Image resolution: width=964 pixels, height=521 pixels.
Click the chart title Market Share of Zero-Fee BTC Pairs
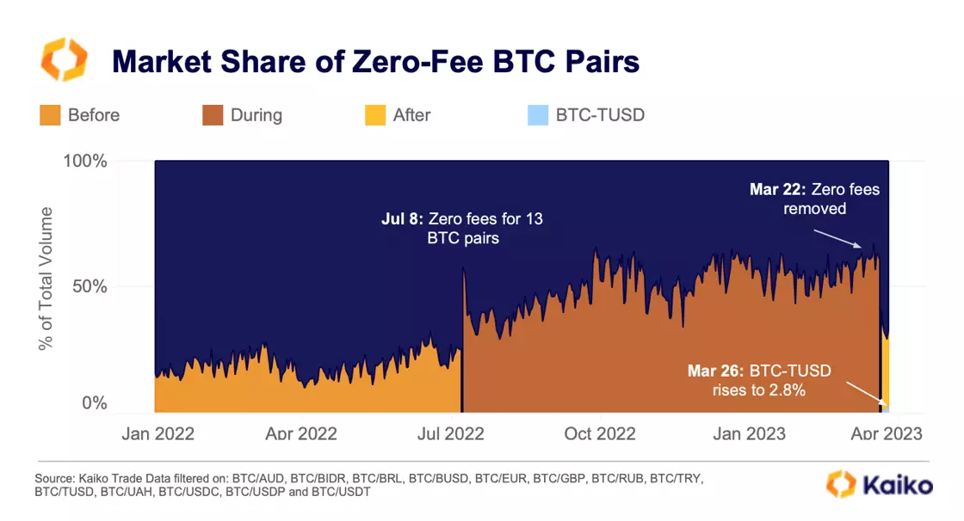coord(376,62)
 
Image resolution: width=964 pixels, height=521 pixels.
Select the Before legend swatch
coord(50,115)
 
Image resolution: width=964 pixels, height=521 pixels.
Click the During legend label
coord(256,115)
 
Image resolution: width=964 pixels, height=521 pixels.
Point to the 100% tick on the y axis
coord(85,162)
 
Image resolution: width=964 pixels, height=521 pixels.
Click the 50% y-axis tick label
coord(90,285)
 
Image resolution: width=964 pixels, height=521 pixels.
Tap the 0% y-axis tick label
coord(95,403)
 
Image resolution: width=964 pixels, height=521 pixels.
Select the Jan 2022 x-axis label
coord(158,434)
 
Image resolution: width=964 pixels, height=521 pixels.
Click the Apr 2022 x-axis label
coord(300,434)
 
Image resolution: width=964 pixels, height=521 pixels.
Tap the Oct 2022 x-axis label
coord(601,434)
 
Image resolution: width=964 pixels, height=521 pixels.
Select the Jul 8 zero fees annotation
coord(462,229)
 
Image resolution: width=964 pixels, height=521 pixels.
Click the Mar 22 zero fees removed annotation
coord(814,199)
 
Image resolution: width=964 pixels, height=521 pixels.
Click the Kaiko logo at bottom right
coord(879,484)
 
